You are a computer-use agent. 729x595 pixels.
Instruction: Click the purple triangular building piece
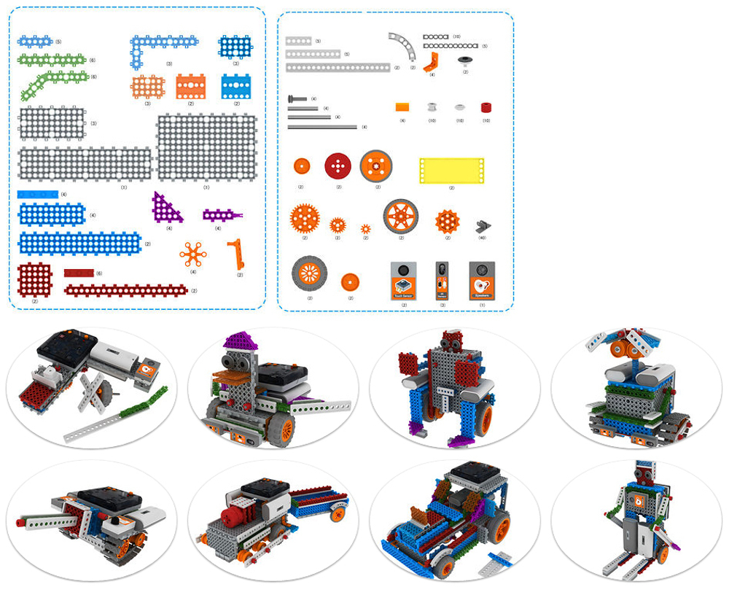[x=165, y=209]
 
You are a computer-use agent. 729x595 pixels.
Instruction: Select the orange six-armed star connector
[x=193, y=254]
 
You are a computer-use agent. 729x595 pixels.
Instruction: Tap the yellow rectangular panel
[x=451, y=171]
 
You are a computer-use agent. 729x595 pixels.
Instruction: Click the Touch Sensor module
[x=403, y=280]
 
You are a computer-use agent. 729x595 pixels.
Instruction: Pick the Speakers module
[x=481, y=280]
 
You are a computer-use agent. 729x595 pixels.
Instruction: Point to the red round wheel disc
[x=338, y=166]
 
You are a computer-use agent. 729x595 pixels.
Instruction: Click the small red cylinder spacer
[x=486, y=107]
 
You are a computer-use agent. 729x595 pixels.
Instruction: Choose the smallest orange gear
[x=366, y=227]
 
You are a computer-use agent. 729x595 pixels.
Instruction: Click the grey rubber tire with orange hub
[x=309, y=273]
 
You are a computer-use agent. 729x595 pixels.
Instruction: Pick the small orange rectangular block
[x=402, y=106]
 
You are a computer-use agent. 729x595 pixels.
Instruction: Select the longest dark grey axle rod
[x=322, y=127]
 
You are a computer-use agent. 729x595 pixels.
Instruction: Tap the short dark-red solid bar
[x=79, y=273]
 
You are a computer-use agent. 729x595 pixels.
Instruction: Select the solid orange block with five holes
[x=190, y=86]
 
